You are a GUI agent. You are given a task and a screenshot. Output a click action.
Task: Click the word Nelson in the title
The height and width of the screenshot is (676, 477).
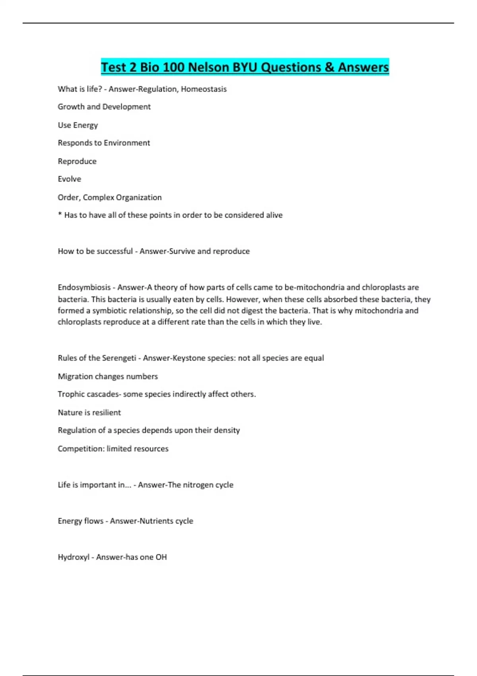point(208,67)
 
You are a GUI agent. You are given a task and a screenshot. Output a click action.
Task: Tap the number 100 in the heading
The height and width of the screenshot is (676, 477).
point(173,67)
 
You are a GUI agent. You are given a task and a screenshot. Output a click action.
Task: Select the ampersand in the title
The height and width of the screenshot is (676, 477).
point(330,67)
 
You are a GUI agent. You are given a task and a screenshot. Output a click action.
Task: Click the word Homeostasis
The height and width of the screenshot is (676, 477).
point(204,89)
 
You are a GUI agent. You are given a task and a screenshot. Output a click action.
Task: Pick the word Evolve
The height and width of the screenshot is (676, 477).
point(69,179)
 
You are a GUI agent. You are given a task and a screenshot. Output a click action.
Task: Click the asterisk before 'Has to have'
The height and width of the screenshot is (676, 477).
point(60,215)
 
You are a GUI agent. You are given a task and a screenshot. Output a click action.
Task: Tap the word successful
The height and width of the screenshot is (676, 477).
point(113,251)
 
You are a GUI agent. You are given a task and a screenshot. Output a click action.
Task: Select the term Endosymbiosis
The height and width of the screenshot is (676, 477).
point(84,287)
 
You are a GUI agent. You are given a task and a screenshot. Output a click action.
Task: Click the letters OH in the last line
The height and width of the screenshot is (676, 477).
point(161,557)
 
